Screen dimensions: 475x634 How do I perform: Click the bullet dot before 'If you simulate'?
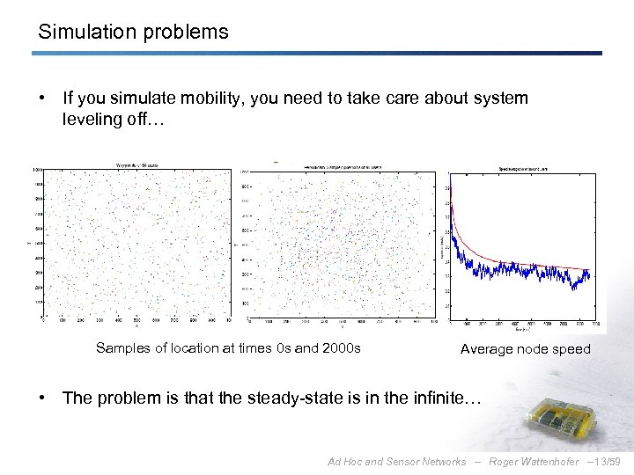[42, 99]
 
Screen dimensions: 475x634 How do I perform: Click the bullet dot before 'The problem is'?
[42, 398]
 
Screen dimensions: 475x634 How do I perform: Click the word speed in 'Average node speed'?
[571, 349]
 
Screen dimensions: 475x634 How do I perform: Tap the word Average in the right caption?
[487, 349]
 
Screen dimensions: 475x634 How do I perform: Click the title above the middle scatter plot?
[342, 164]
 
